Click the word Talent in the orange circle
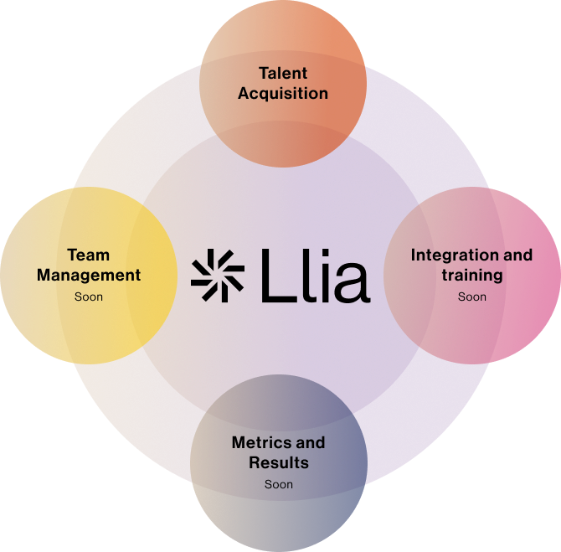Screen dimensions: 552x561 282,73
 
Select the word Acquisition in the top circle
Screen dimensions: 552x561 282,93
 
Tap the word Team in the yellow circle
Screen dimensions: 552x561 88,255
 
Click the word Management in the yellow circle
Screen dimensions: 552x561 89,275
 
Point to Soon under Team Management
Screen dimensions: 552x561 89,297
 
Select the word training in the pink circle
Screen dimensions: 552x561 471,275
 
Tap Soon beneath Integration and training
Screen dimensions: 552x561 471,297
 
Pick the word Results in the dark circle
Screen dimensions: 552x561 279,462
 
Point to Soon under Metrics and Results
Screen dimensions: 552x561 279,484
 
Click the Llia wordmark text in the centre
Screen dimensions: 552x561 315,275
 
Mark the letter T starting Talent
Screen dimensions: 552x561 263,73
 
